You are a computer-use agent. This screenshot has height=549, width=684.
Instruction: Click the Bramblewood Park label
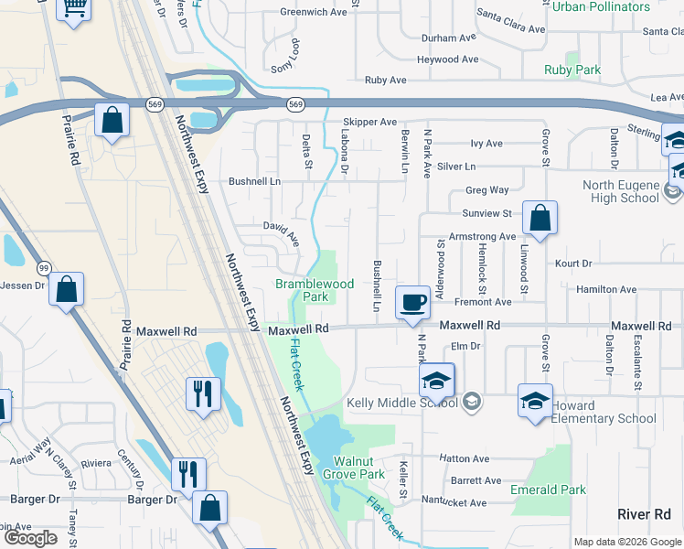pyautogui.click(x=315, y=290)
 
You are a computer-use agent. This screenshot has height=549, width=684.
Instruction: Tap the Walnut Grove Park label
pyautogui.click(x=358, y=468)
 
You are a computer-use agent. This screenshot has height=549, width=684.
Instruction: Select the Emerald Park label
pyautogui.click(x=548, y=490)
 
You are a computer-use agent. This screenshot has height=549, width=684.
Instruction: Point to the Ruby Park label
pyautogui.click(x=572, y=70)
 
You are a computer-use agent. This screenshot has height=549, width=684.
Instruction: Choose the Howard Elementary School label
pyautogui.click(x=604, y=412)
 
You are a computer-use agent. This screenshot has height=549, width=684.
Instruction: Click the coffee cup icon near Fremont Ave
pyautogui.click(x=412, y=301)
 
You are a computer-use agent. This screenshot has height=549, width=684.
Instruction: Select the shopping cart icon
pyautogui.click(x=74, y=7)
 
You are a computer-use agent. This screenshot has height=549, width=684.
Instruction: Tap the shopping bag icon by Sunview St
pyautogui.click(x=540, y=218)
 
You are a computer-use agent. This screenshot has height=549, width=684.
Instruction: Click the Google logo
pyautogui.click(x=31, y=538)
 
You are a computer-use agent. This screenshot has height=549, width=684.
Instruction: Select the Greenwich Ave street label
pyautogui.click(x=313, y=12)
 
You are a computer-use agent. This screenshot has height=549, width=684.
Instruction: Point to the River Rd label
pyautogui.click(x=644, y=514)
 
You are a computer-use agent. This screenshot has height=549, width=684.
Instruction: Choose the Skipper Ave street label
pyautogui.click(x=369, y=122)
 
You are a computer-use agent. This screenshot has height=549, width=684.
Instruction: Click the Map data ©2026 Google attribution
pyautogui.click(x=627, y=542)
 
